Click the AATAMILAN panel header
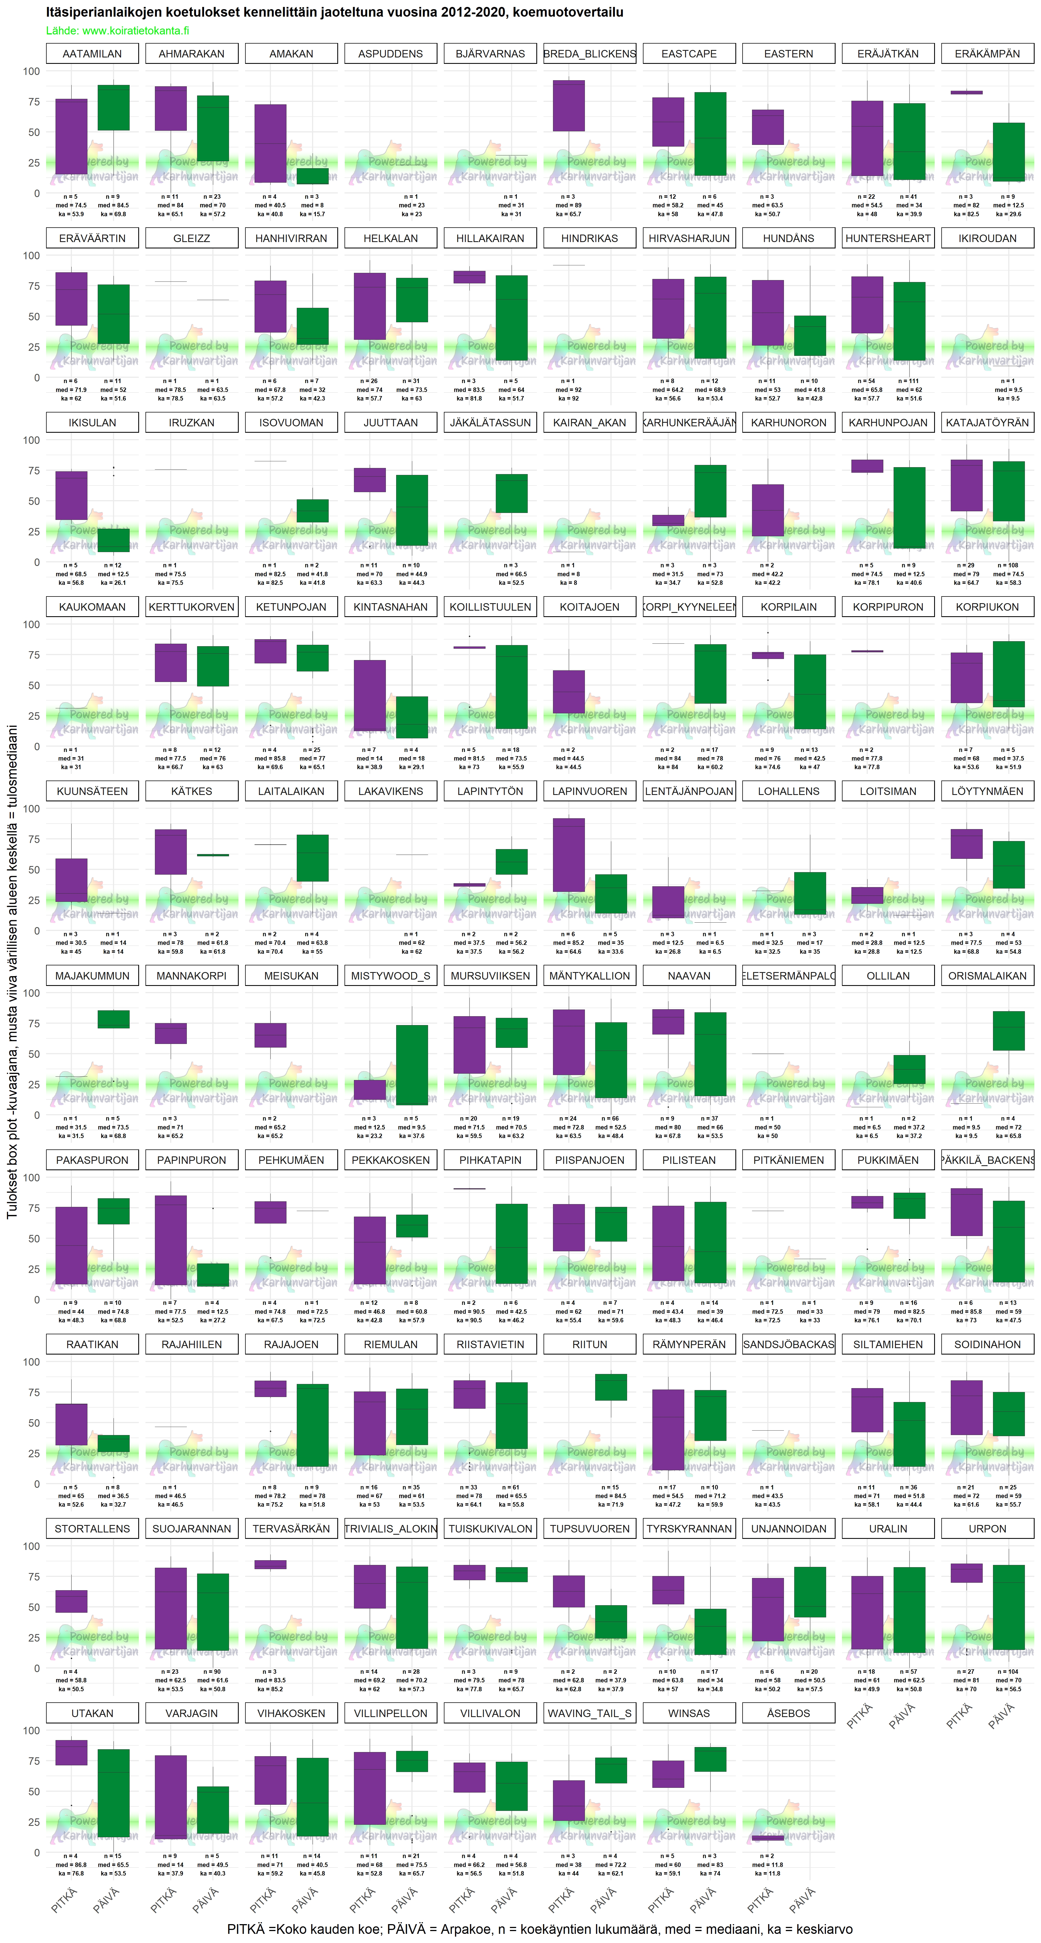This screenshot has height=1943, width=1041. tap(92, 54)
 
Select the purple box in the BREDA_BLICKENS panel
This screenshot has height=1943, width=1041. tap(569, 105)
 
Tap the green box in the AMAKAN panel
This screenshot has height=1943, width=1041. tap(312, 176)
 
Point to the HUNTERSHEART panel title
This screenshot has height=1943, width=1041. tap(888, 238)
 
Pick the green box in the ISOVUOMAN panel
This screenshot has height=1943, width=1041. tap(312, 511)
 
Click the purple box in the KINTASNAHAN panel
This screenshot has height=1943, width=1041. tap(370, 695)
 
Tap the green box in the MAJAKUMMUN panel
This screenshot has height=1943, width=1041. tap(113, 1019)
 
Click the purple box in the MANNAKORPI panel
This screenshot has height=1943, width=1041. tap(170, 1033)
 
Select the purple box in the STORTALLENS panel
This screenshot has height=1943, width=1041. tap(71, 1601)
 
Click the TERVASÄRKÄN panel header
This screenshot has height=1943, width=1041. tap(291, 1529)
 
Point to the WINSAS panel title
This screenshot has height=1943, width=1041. tap(689, 1714)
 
